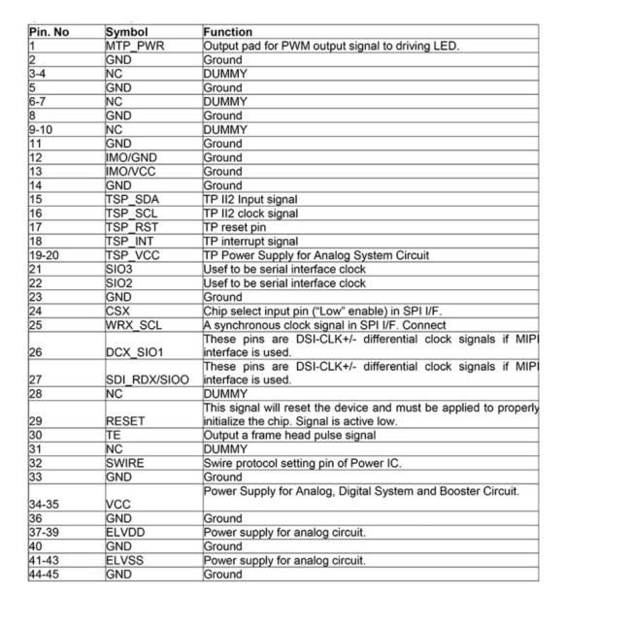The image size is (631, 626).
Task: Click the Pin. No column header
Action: pyautogui.click(x=50, y=32)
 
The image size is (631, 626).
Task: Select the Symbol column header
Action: pyautogui.click(x=126, y=32)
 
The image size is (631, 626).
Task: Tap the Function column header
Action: pyautogui.click(x=228, y=32)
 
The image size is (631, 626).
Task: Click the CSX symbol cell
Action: pyautogui.click(x=118, y=312)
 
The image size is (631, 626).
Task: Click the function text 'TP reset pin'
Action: pyautogui.click(x=239, y=227)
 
